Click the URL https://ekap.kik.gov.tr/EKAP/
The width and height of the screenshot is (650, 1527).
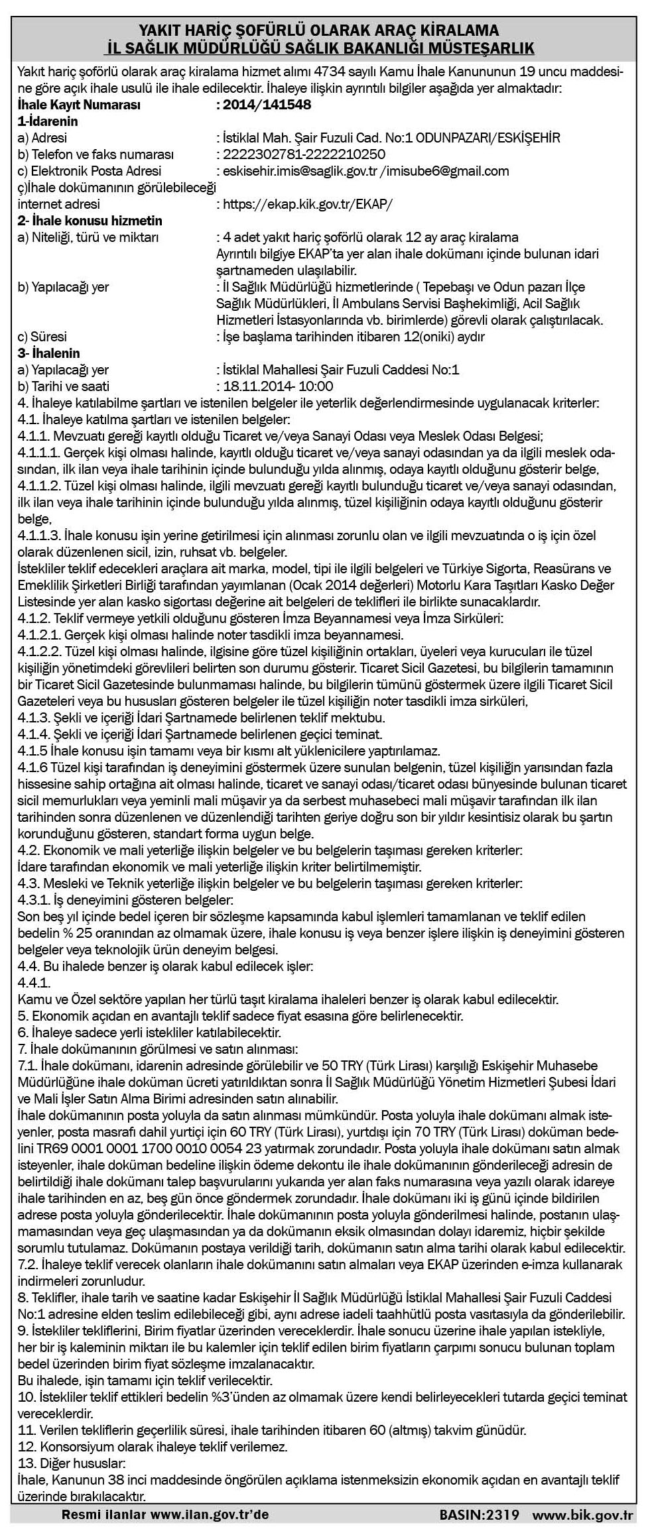pos(307,204)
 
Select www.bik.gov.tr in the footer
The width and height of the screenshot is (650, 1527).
pos(583,1514)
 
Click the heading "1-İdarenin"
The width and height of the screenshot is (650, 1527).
pos(48,121)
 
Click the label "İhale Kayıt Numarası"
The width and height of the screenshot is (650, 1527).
pos(79,105)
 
